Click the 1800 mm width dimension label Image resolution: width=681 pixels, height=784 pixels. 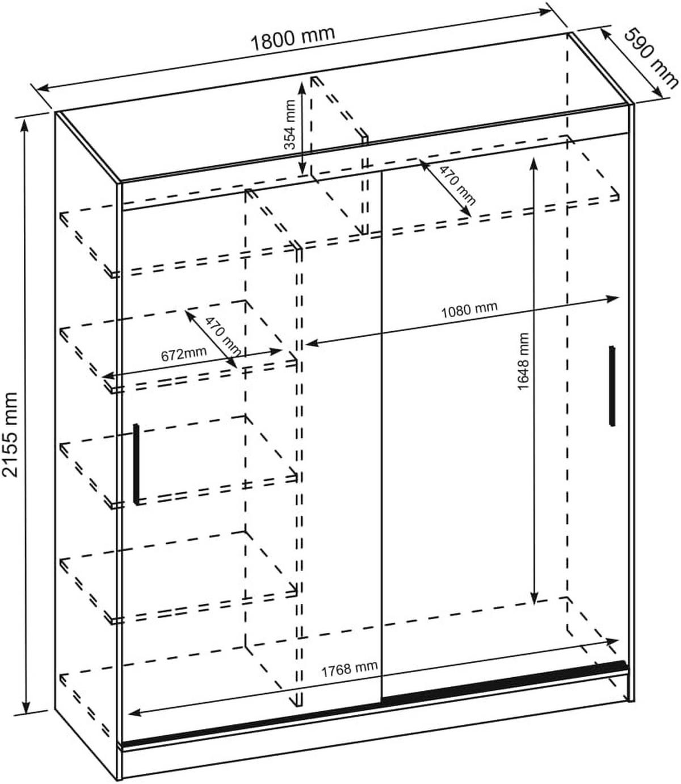(293, 38)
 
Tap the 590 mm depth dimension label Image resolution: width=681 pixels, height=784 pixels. (650, 59)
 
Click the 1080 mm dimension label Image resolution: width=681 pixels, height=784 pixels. (469, 310)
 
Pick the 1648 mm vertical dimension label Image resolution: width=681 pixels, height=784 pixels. (523, 361)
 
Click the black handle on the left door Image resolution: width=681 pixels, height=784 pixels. (136, 463)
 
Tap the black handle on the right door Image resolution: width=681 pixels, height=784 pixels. (612, 385)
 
